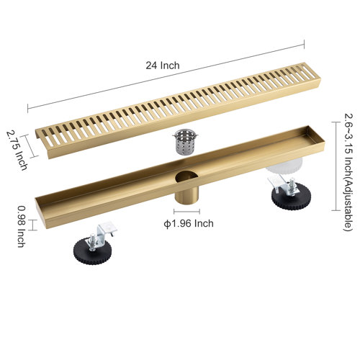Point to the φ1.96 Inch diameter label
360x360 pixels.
click(189, 223)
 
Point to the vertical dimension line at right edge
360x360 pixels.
click(332, 166)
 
